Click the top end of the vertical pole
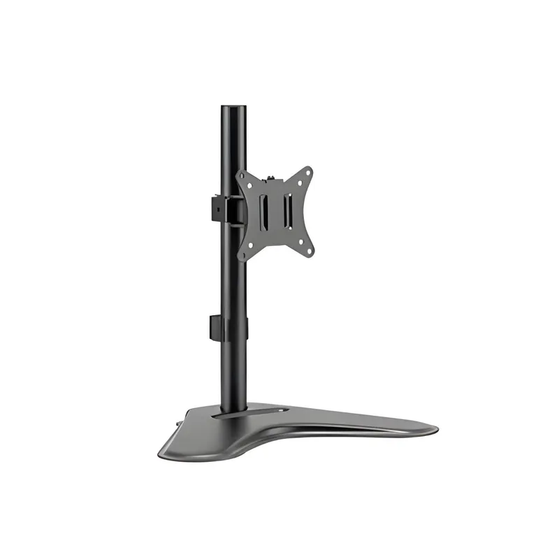pos(234,109)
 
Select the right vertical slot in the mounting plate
pos(287,208)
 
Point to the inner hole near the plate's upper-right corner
pos(298,184)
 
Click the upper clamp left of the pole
pos(218,206)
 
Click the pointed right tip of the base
pos(435,428)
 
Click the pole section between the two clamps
pos(235,273)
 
